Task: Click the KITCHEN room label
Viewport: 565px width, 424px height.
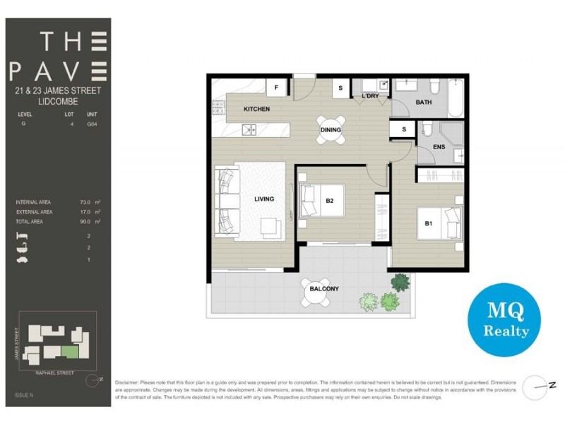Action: (x=257, y=110)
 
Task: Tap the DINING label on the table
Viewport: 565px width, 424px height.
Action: (x=331, y=130)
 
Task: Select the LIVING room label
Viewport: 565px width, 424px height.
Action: (x=264, y=199)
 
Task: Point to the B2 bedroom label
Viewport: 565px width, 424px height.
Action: (x=329, y=200)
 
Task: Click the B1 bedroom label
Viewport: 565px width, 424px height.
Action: (x=428, y=223)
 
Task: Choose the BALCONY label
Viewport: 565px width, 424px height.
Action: (x=325, y=288)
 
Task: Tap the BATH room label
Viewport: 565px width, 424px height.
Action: (x=424, y=102)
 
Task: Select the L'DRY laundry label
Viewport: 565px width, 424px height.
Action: (x=370, y=96)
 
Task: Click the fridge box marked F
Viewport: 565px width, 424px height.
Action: (x=276, y=88)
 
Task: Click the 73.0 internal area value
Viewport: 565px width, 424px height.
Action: (x=86, y=202)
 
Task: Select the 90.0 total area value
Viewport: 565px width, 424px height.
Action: (x=86, y=221)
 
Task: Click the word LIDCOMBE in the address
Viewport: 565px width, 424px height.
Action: (x=57, y=102)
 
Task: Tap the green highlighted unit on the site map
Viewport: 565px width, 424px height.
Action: (x=70, y=351)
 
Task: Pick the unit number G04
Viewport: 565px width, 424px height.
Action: (x=92, y=124)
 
